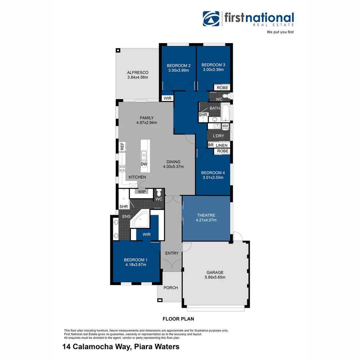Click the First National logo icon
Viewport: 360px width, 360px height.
point(211,19)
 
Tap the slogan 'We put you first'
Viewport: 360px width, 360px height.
point(280,32)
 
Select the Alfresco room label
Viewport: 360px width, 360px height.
point(137,72)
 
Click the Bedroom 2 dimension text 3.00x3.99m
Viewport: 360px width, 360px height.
point(179,70)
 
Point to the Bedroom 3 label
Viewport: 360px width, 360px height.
point(213,65)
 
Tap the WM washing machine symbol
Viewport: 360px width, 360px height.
point(225,126)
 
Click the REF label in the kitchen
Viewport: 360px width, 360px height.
point(122,146)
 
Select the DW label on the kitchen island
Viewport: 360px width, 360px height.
point(144,164)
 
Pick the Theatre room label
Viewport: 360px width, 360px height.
point(206,215)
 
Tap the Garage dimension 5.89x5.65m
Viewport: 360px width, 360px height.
point(215,277)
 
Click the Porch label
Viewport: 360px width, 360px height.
point(170,288)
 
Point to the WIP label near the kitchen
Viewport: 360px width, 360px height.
point(142,192)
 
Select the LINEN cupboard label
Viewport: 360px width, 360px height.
point(222,145)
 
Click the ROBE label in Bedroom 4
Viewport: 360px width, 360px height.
point(223,151)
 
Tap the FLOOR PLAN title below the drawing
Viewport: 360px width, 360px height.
point(178,319)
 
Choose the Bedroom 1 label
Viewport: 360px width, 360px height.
point(136,260)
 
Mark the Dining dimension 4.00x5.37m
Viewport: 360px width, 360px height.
point(173,166)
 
